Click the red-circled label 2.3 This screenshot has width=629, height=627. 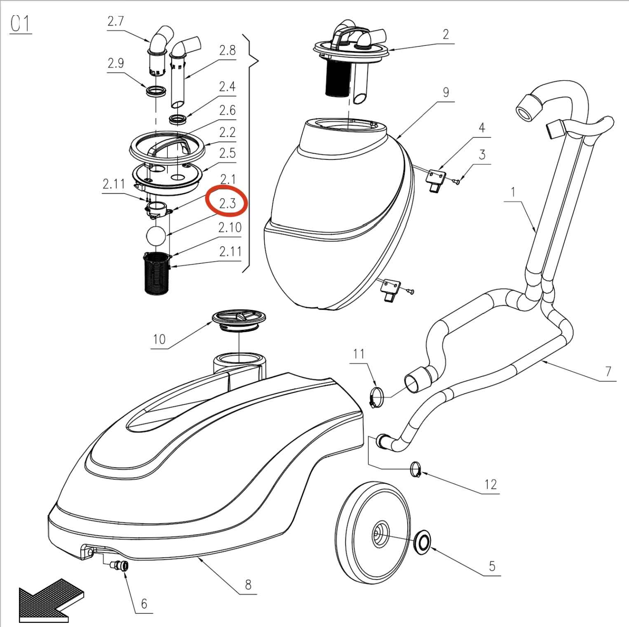coord(227,203)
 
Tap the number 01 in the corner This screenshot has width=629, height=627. coord(20,24)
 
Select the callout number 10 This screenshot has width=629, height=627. coord(159,339)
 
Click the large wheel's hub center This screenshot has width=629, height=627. coord(378,535)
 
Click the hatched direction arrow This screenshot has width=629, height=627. coord(51,600)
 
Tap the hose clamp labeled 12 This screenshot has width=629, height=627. coord(416,469)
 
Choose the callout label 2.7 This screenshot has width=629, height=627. coord(115,21)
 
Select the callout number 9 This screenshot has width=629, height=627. coord(446,92)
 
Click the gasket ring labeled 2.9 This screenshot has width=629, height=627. coord(157,91)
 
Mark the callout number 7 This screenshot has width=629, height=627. coord(608,371)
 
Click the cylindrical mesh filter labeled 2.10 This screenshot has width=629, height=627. coord(157,273)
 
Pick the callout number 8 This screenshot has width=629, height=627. coord(248,585)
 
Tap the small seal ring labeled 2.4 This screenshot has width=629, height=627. coord(179,120)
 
